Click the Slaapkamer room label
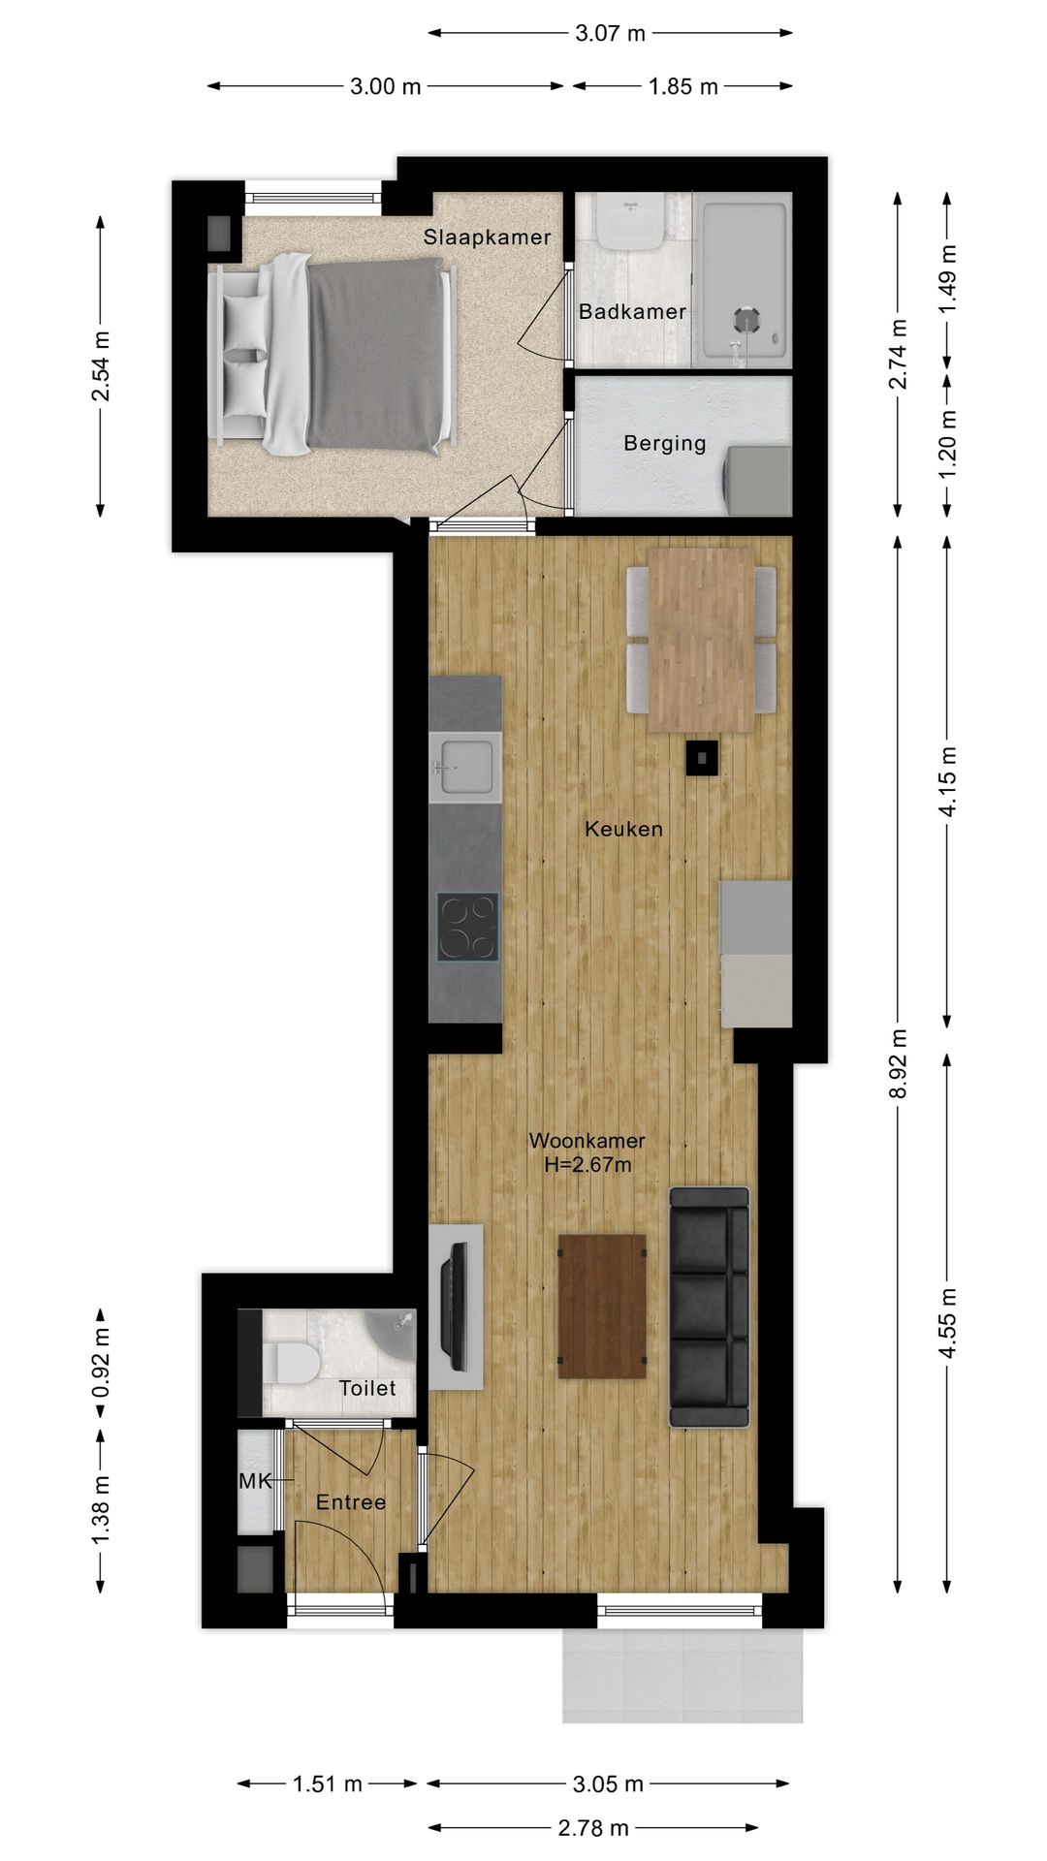click(x=487, y=237)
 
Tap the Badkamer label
click(x=632, y=312)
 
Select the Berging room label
click(x=665, y=444)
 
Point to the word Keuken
click(x=624, y=830)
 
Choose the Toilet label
click(x=367, y=1389)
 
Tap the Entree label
click(x=351, y=1502)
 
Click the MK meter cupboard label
click(x=255, y=1482)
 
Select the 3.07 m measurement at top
click(x=610, y=34)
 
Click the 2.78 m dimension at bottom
click(x=593, y=1828)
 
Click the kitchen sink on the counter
click(x=465, y=767)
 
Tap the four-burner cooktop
click(x=467, y=927)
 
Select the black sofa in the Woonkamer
click(x=710, y=1308)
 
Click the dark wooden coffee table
click(x=602, y=1306)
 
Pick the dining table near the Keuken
click(x=701, y=641)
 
